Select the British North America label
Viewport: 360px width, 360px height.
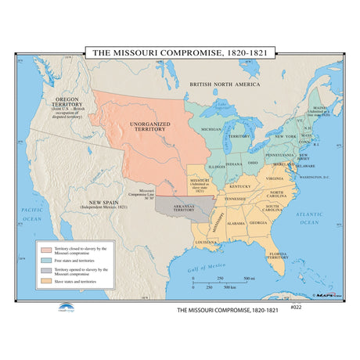[x=227, y=83]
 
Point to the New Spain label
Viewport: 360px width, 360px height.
[x=102, y=205]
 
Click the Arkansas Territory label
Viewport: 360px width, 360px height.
[x=185, y=209]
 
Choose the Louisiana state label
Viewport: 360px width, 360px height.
[x=207, y=243]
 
